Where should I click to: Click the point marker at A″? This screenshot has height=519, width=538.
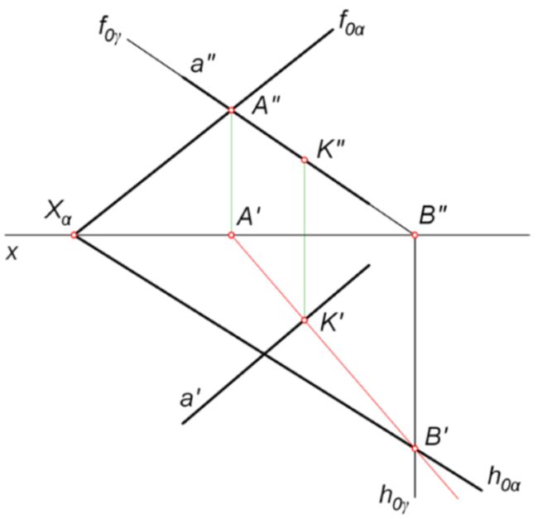[231, 110]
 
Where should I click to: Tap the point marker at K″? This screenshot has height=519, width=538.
[305, 160]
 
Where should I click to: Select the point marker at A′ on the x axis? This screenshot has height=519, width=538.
[231, 235]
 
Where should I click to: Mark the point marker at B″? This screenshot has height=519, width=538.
[415, 235]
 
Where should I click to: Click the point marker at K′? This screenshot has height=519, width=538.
[305, 320]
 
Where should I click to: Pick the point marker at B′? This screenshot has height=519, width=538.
[415, 449]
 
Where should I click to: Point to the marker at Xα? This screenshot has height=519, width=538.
[74, 235]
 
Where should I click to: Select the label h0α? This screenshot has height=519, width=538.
[504, 480]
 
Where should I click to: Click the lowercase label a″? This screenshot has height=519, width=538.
[203, 64]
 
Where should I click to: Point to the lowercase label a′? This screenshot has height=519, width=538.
[191, 398]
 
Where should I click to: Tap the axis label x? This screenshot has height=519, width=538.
[12, 253]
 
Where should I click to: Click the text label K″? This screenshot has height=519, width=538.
[331, 149]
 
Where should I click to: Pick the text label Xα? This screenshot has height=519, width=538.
[58, 213]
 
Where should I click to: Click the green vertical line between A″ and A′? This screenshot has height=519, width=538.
[231, 172]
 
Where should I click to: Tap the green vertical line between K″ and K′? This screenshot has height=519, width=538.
[305, 240]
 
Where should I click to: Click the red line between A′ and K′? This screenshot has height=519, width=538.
[267, 277]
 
